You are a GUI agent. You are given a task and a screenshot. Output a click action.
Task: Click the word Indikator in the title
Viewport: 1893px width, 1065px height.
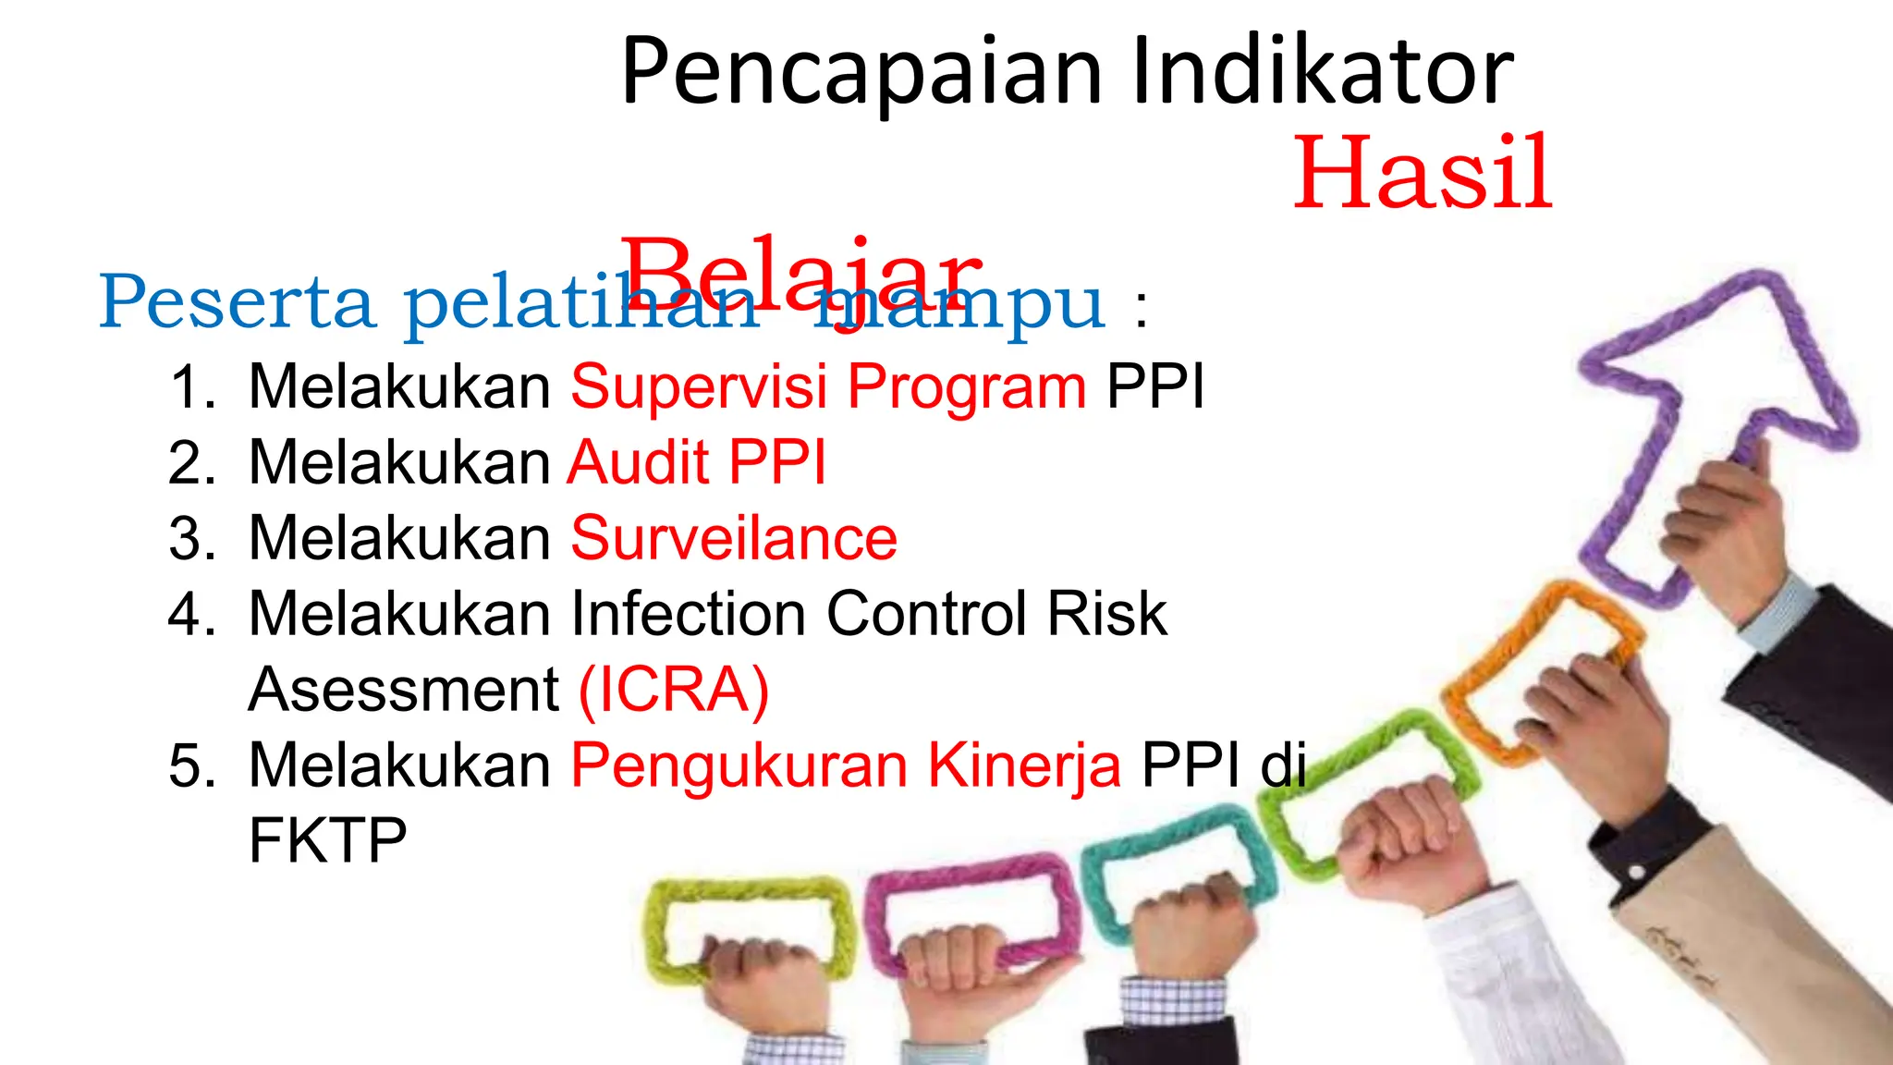(x=1322, y=72)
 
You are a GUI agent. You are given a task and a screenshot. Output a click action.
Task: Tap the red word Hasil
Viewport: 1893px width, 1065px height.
(x=1422, y=174)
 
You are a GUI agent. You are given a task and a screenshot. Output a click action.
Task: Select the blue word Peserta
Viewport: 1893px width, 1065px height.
(x=237, y=303)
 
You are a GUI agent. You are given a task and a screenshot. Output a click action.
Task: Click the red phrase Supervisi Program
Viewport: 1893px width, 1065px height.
(x=828, y=386)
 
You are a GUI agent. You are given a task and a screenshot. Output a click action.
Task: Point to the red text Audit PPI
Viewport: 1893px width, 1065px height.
(x=697, y=462)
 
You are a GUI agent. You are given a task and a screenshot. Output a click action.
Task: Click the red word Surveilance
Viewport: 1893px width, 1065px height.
(x=734, y=538)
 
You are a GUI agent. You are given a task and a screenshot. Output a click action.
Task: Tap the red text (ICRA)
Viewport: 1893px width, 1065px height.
(x=674, y=690)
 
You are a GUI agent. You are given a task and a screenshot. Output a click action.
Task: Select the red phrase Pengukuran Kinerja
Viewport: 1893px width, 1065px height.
(x=846, y=765)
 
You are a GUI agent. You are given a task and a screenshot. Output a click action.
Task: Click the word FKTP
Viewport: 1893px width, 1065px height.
(x=328, y=841)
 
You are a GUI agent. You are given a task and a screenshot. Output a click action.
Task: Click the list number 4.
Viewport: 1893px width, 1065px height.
(x=189, y=614)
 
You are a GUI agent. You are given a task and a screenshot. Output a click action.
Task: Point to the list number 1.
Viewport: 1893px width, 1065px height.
(x=189, y=386)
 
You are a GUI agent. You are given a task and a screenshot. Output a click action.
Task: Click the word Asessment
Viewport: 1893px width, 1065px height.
(x=404, y=690)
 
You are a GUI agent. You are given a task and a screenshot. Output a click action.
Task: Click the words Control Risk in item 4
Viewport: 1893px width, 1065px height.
(x=996, y=614)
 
